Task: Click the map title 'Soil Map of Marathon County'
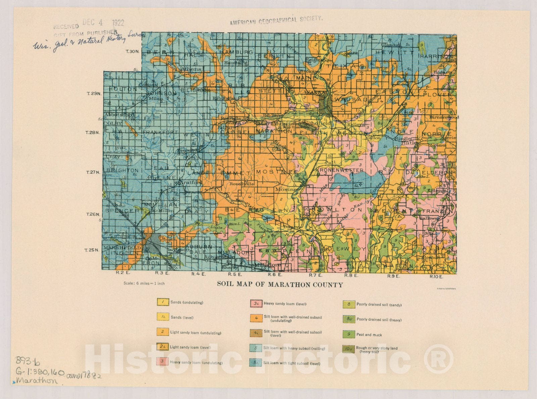(x=280, y=285)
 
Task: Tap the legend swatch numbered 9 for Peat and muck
(x=349, y=334)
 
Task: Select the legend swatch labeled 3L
(x=256, y=304)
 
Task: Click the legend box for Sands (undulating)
(x=162, y=302)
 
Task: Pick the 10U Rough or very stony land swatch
(x=349, y=349)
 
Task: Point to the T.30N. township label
(x=132, y=51)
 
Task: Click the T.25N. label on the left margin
(x=92, y=250)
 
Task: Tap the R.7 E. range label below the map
(x=315, y=275)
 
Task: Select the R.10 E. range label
(x=436, y=277)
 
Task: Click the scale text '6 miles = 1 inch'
(x=144, y=283)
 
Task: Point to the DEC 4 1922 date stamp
(x=103, y=23)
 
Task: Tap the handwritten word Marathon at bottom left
(x=37, y=381)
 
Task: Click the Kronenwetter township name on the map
(x=339, y=170)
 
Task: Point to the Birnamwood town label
(x=444, y=117)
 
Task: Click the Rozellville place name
(x=242, y=184)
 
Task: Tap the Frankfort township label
(x=160, y=132)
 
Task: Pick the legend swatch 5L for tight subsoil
(x=256, y=363)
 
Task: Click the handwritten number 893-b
(x=28, y=361)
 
